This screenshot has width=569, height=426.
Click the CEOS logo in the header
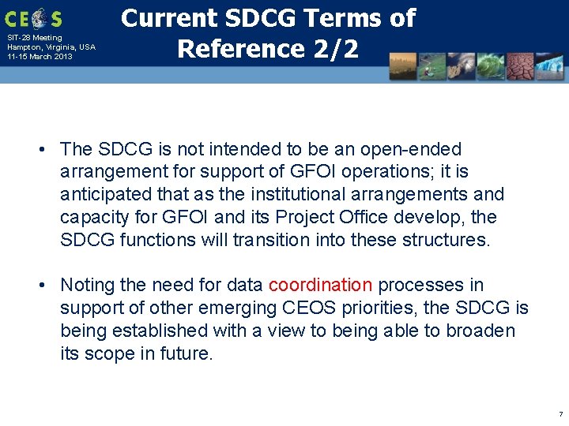[x=32, y=17]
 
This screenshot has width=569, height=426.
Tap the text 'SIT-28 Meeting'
[x=34, y=38]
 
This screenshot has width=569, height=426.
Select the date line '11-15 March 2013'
[x=40, y=57]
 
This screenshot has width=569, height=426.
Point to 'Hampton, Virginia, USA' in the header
[x=51, y=47]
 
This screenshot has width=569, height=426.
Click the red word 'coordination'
[x=320, y=285]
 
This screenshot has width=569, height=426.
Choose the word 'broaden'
[x=480, y=331]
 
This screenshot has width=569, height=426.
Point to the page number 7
[x=560, y=414]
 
